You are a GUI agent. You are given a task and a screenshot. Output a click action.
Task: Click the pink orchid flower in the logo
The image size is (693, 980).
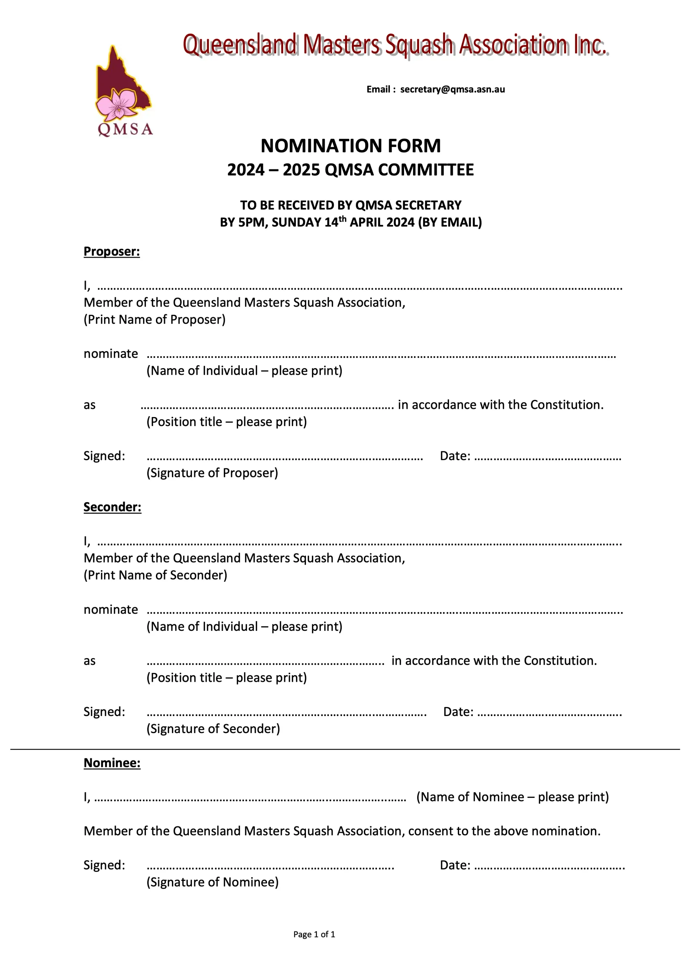(116, 104)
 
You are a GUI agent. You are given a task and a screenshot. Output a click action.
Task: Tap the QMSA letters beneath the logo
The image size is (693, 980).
(125, 129)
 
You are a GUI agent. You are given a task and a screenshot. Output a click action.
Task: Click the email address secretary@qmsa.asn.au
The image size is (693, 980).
(452, 89)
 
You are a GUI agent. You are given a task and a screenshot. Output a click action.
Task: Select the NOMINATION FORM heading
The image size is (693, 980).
(351, 146)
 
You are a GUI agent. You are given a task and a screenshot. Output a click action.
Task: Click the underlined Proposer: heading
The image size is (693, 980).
(112, 251)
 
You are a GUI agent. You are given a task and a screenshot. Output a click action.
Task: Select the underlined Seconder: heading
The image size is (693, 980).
(112, 507)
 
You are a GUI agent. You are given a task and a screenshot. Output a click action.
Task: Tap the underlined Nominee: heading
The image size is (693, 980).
(112, 763)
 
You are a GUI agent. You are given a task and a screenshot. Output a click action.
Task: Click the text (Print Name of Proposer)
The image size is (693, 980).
(155, 319)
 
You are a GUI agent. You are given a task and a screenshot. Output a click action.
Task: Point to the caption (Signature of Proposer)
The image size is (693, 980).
(212, 473)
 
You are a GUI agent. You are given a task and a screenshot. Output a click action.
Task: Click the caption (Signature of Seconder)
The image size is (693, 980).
(213, 729)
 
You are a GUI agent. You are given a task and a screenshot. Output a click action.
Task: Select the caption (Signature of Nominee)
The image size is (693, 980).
(212, 882)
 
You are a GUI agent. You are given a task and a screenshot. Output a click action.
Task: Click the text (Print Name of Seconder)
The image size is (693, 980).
(156, 575)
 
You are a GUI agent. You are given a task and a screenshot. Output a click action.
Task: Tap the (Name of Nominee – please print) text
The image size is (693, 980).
(512, 797)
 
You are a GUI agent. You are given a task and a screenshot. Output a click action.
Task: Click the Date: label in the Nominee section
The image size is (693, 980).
(455, 865)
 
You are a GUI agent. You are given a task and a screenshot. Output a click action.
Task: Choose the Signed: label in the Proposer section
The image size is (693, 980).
(104, 456)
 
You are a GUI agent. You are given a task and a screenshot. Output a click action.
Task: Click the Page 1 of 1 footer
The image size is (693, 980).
(314, 934)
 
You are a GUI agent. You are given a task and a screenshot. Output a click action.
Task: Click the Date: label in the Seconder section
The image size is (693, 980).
(458, 712)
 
